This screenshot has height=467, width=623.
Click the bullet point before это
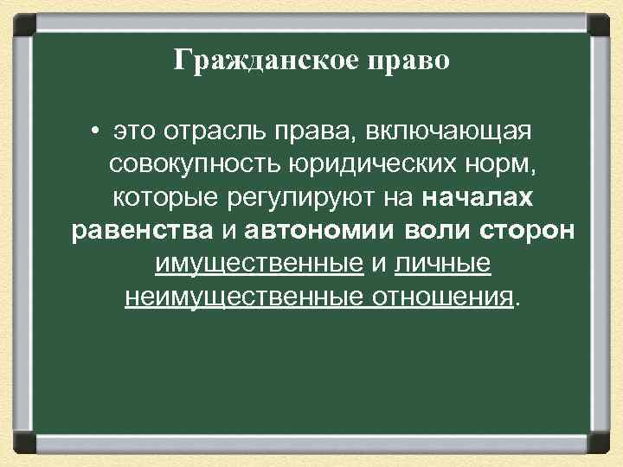pos(92,133)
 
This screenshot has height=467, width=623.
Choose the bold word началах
pos(478,198)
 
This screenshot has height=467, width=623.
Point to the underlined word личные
pos(443,264)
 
